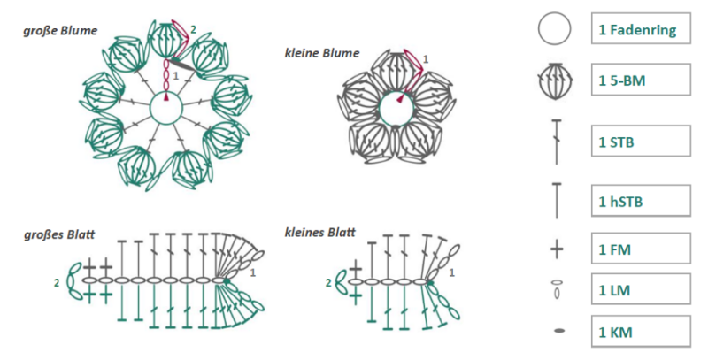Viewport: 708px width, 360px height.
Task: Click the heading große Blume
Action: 60,31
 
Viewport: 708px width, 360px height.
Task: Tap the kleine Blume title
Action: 321,53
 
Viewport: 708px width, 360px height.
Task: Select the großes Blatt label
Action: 59,234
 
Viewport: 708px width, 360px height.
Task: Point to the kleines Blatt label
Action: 319,233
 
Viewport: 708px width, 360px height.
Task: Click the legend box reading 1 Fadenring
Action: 641,28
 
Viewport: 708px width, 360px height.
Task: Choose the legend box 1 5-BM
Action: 641,80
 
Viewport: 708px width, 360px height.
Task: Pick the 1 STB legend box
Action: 641,142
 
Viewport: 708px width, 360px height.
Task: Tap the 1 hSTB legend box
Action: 641,200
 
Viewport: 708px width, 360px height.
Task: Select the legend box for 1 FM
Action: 641,249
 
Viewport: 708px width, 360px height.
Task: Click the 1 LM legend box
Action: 641,289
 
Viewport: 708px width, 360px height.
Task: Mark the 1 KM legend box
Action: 641,332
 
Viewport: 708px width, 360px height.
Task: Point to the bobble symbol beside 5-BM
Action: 556,81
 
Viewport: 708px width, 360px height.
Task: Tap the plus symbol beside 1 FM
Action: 557,249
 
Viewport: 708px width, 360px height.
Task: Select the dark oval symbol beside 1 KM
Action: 559,332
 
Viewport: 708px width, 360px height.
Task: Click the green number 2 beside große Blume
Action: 193,30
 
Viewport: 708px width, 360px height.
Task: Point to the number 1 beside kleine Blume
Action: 426,59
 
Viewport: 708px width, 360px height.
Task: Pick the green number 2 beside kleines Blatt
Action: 328,283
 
